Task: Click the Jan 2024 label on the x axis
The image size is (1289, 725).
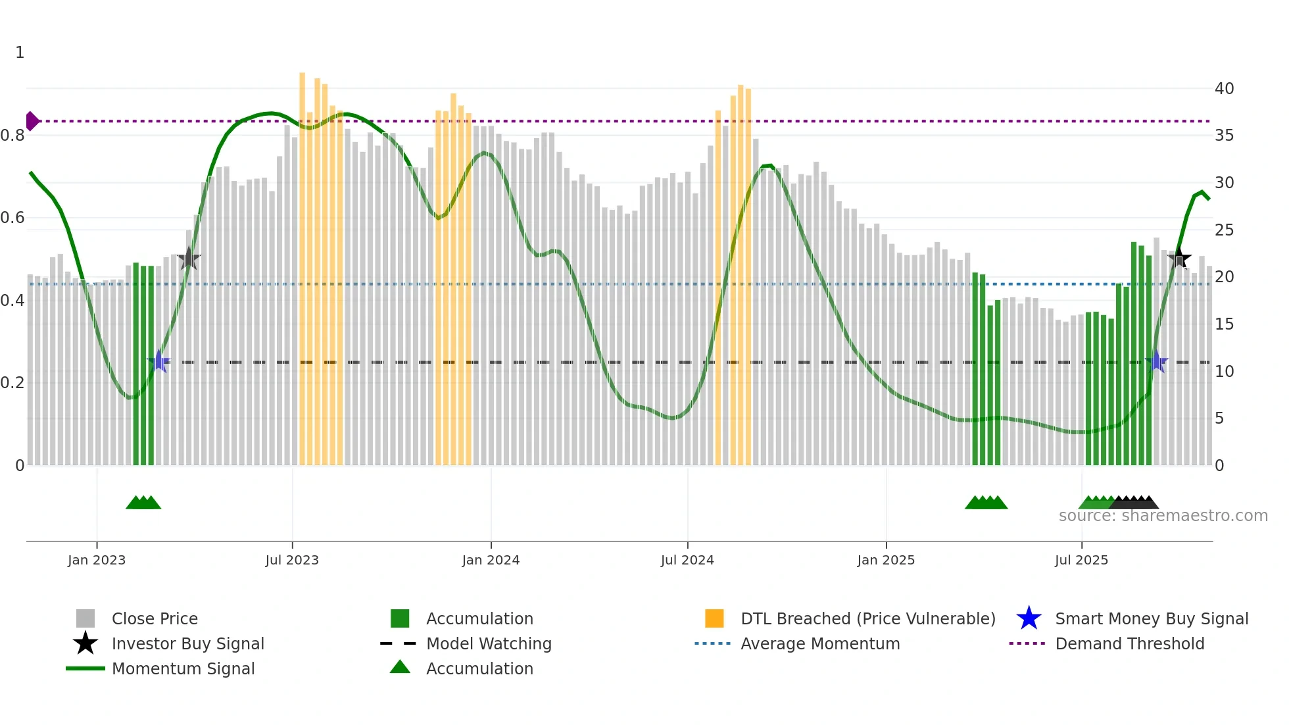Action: point(491,560)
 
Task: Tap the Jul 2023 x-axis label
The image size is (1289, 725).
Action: point(292,560)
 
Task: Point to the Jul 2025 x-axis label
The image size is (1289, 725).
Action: point(1081,560)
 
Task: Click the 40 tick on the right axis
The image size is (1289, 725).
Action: point(1224,88)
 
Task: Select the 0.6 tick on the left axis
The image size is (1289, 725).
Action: point(12,218)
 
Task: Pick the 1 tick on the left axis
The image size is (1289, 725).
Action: point(20,53)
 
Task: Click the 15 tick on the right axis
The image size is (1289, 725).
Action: point(1224,324)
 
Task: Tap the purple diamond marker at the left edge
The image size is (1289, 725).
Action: point(32,121)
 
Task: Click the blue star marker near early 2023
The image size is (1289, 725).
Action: point(158,361)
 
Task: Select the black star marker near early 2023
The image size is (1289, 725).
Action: point(189,259)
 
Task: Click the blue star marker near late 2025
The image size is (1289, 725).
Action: point(1157,361)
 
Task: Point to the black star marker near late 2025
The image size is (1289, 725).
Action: point(1179,258)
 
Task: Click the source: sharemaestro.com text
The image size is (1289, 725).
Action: point(1163,516)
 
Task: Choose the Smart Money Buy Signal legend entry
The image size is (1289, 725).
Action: point(1151,618)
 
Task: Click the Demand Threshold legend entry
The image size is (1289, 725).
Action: point(1129,643)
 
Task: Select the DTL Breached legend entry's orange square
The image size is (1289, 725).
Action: point(714,618)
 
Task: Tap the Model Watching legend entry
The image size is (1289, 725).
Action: point(488,643)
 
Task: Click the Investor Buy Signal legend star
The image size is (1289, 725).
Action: point(85,643)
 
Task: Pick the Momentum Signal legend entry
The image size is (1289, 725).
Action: point(183,668)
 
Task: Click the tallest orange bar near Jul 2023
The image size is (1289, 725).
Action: point(303,263)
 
